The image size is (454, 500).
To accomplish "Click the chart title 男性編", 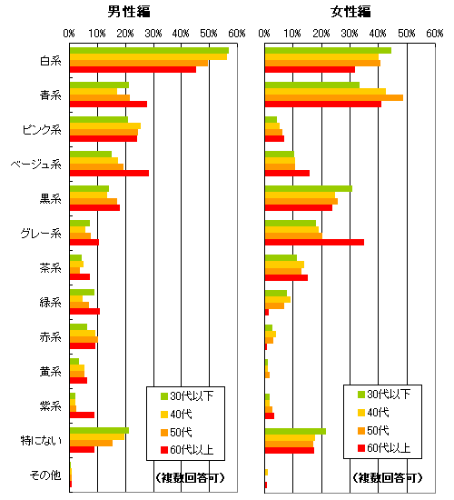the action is click(129, 12).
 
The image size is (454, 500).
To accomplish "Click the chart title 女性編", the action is click(350, 12).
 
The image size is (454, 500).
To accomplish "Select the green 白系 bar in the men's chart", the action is click(149, 50).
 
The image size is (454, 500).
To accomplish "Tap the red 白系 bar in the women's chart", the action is click(310, 69).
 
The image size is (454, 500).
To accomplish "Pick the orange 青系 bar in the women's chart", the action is click(334, 97).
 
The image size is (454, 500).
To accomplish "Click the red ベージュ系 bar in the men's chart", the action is click(109, 173).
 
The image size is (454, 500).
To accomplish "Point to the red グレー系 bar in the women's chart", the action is click(314, 243).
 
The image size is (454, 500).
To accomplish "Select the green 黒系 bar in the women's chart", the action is click(309, 189).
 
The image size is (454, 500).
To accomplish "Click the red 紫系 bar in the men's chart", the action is click(82, 415).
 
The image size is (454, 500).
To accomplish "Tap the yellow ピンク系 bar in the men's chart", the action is click(105, 126).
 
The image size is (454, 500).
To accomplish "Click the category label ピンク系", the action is click(42, 130).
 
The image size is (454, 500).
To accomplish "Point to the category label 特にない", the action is click(41, 441).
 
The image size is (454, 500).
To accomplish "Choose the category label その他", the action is click(45, 475).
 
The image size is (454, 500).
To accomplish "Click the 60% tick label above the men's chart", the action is click(237, 33).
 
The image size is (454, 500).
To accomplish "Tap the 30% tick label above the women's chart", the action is click(350, 33).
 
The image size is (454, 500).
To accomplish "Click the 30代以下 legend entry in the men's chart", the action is click(187, 396).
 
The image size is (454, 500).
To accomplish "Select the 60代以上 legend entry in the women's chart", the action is click(384, 448).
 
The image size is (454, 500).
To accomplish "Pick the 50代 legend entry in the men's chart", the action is click(176, 432).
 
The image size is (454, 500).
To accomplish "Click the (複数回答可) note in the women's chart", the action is click(388, 477).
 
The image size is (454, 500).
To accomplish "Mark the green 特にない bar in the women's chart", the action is click(295, 432).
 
